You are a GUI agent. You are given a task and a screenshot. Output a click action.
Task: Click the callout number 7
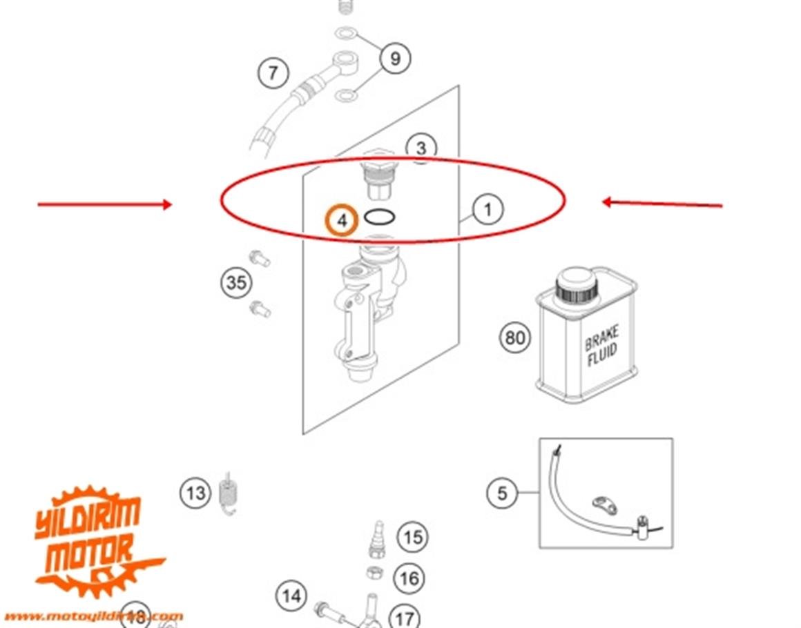tap(273, 72)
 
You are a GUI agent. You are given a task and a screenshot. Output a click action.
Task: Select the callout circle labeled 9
tap(395, 58)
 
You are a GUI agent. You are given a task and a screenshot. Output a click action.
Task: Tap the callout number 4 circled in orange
tap(342, 221)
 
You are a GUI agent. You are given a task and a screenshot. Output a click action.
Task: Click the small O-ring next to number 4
tap(380, 217)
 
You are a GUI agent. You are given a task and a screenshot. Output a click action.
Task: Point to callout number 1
tap(488, 209)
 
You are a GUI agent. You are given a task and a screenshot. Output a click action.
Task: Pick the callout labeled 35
tap(237, 283)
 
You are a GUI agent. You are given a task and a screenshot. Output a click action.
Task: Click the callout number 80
tap(515, 338)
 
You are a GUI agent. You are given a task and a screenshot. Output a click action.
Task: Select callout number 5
tap(502, 493)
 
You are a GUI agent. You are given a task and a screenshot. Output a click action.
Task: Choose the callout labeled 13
tap(196, 493)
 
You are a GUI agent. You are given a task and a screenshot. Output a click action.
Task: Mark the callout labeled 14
tap(292, 595)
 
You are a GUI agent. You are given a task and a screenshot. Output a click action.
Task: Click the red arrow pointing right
tap(104, 204)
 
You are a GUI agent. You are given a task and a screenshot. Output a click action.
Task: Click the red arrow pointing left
tap(662, 203)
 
